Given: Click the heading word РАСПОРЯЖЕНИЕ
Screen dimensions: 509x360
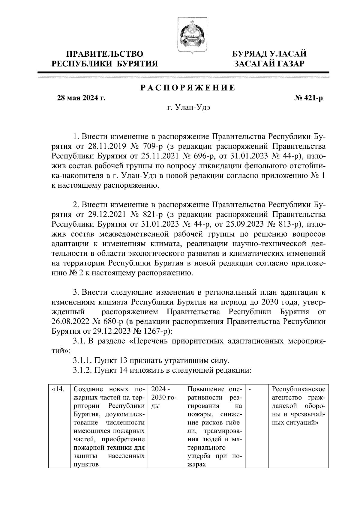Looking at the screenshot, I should [x=188, y=88].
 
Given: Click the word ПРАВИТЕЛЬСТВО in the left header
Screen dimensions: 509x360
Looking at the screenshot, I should [x=105, y=54].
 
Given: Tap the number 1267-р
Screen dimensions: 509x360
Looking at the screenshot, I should [x=153, y=331].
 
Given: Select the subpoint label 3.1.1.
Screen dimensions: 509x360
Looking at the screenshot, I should [x=82, y=360].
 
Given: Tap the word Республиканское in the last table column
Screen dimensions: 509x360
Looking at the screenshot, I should [x=298, y=389].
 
